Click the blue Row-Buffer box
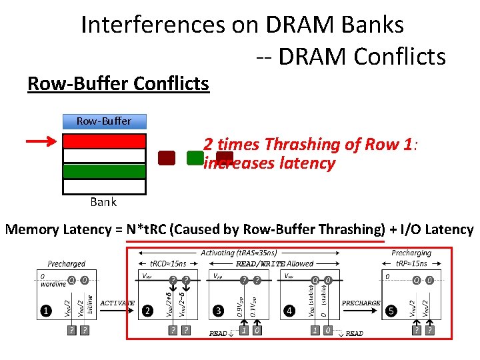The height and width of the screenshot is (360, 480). tap(103, 121)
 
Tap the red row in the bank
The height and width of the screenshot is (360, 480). tap(103, 141)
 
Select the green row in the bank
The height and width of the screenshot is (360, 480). tap(103, 171)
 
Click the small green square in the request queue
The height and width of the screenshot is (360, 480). tap(195, 158)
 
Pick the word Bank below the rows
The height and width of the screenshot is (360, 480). tap(103, 201)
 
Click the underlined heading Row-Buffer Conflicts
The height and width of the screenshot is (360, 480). tap(118, 84)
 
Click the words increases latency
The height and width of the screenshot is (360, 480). tap(269, 163)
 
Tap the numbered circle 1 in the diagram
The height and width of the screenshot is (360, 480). tap(46, 310)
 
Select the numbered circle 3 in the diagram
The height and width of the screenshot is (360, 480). tap(218, 310)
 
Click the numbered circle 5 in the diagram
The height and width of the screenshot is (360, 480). tap(392, 310)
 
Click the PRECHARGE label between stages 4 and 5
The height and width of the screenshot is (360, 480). tap(360, 303)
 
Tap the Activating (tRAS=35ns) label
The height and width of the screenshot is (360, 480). tap(239, 253)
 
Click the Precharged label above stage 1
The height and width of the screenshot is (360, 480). tap(67, 264)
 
